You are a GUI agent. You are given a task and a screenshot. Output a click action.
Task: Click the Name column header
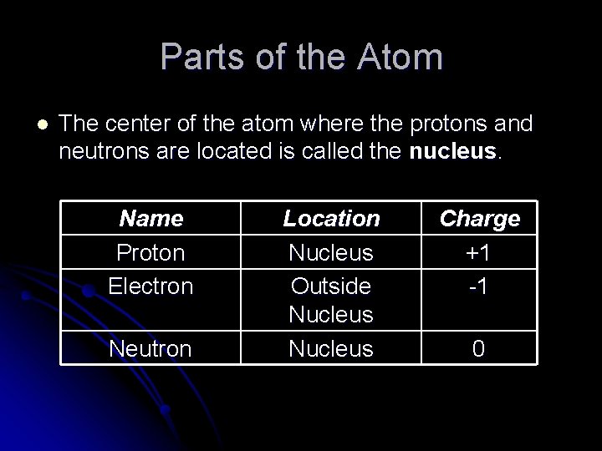[x=150, y=219]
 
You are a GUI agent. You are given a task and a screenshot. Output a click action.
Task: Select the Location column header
[x=331, y=219]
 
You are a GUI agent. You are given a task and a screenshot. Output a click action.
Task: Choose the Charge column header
[x=479, y=219]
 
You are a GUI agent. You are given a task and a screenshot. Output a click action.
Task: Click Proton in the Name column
[x=150, y=252]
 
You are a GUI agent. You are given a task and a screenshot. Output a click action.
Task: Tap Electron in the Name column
[x=150, y=286]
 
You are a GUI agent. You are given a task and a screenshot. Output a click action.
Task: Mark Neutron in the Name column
[x=150, y=348]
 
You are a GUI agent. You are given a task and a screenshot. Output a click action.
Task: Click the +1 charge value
[x=479, y=252]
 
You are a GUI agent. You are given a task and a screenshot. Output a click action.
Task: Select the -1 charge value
[x=479, y=286]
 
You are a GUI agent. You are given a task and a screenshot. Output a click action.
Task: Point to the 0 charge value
[x=479, y=348]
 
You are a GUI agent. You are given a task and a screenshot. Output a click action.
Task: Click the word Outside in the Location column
[x=331, y=286]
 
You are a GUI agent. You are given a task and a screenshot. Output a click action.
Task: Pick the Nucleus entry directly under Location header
[x=331, y=252]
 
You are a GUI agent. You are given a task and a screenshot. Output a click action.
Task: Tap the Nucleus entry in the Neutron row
[x=331, y=348]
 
